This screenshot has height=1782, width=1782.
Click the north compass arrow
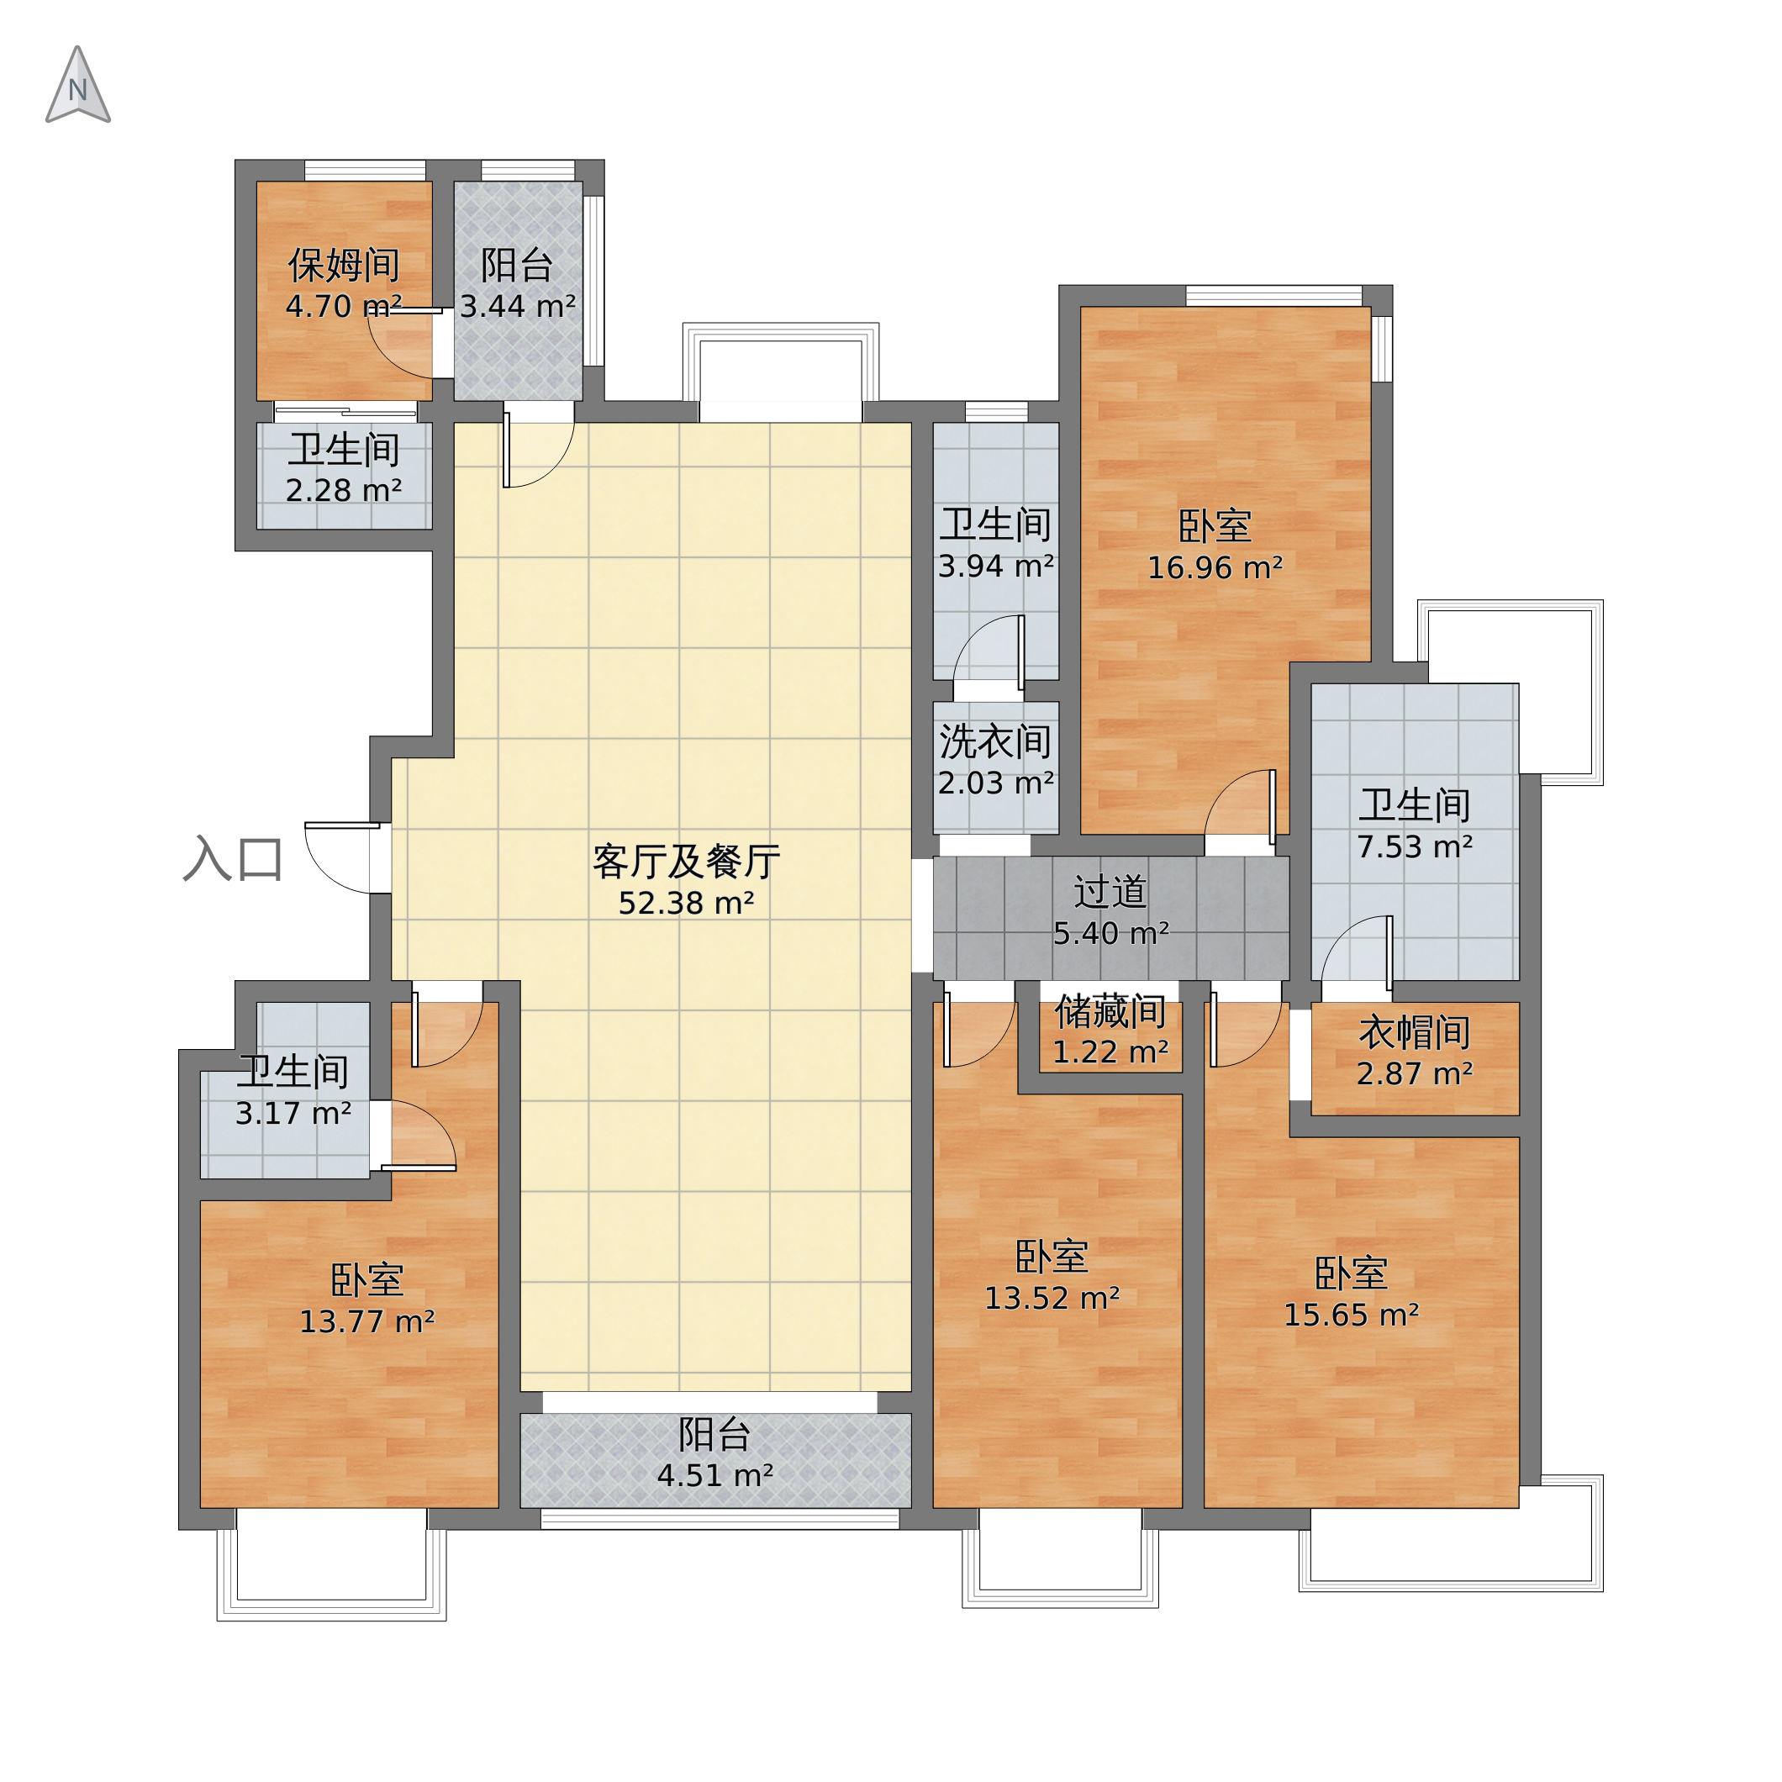tap(77, 85)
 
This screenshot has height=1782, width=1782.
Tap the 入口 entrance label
tap(233, 860)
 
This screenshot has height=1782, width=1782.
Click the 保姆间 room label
tap(343, 266)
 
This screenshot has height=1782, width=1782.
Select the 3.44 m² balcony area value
tap(518, 306)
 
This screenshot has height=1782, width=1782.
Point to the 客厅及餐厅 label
tap(686, 862)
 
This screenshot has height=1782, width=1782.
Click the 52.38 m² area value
tap(686, 903)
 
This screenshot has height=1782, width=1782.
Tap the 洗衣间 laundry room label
tap(995, 741)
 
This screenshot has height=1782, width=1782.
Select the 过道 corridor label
tap(1110, 892)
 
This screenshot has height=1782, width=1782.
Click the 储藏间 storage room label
tap(1110, 1012)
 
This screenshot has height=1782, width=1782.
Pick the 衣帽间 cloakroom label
tap(1415, 1033)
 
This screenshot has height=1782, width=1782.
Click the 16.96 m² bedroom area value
tap(1215, 567)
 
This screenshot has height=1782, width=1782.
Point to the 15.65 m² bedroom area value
tap(1352, 1315)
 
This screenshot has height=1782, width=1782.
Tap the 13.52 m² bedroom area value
tap(1052, 1299)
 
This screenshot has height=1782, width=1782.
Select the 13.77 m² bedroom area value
tap(367, 1321)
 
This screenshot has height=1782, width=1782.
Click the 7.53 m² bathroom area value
tap(1415, 846)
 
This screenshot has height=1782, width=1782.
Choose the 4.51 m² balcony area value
tap(714, 1476)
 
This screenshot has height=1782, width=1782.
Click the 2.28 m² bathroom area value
tap(343, 490)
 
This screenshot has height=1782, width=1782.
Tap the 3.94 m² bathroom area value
tap(996, 566)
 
